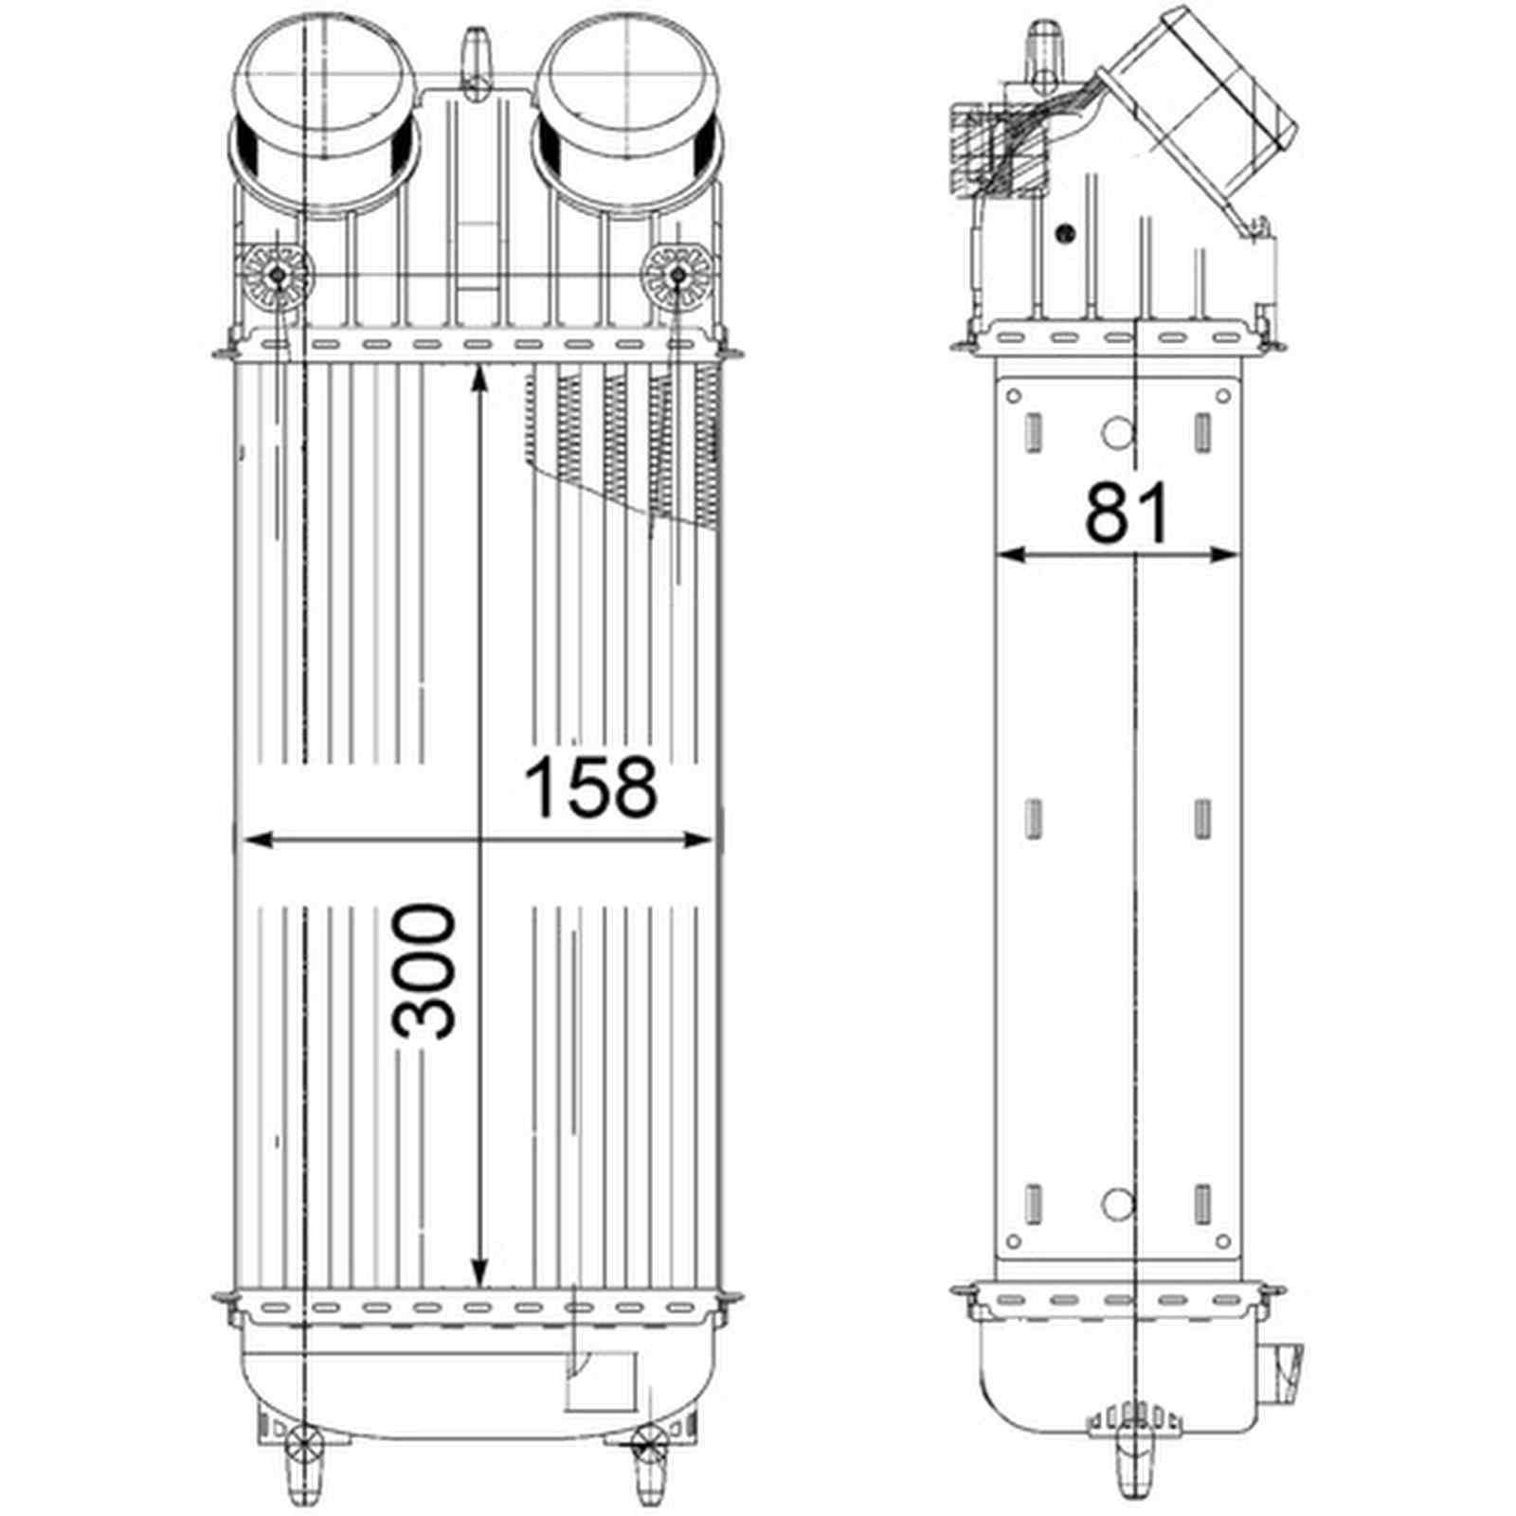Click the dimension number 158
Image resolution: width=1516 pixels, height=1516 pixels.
coord(590,788)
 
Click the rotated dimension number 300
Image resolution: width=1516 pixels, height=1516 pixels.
coord(425,972)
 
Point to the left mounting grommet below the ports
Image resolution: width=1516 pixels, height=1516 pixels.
coord(279,276)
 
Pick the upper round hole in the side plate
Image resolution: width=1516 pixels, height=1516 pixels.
coord(1118,433)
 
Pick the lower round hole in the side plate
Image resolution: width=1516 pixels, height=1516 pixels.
coord(1118,1202)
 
